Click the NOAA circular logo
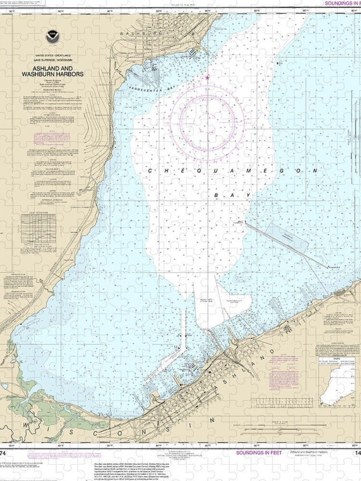51,37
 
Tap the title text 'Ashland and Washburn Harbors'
51,71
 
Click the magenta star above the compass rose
207,77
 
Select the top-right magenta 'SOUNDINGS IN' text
342,3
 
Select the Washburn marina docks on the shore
193,52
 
